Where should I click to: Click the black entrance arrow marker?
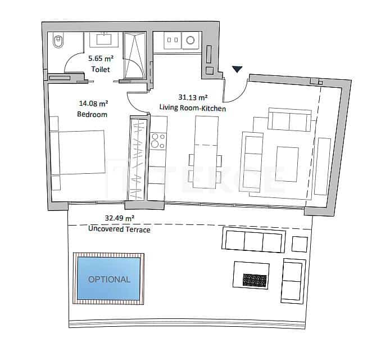[238, 69]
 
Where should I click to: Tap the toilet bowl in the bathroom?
[58, 40]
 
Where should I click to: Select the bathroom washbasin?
[105, 38]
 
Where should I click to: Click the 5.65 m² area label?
[100, 58]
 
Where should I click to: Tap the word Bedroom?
[92, 114]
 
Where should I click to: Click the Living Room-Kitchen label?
[193, 107]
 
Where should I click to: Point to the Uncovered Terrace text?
[119, 229]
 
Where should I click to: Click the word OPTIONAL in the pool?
[109, 279]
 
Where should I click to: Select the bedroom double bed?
[79, 152]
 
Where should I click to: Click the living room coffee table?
[287, 164]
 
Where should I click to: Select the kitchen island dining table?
[205, 152]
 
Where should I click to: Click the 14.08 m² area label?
[93, 103]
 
